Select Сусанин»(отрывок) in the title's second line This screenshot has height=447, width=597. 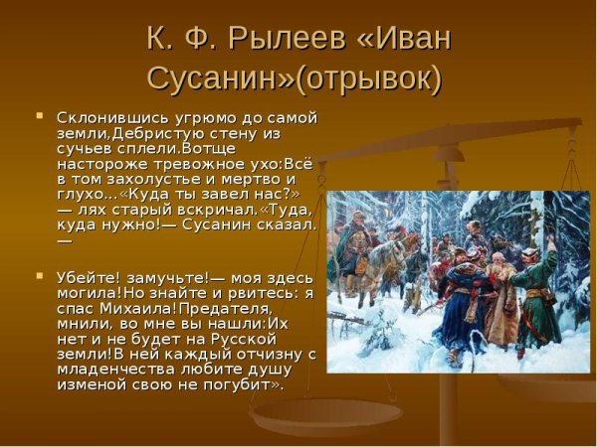[294, 76]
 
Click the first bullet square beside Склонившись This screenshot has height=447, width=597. [40, 115]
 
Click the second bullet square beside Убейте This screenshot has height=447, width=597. [40, 273]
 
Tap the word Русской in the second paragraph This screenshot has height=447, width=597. [269, 338]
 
